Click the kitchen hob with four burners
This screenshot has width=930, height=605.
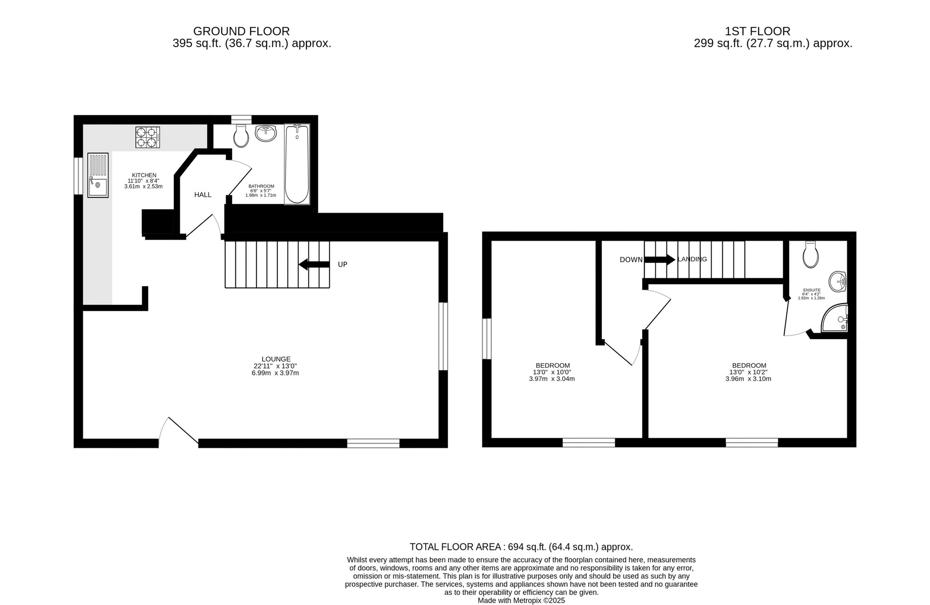click(x=148, y=137)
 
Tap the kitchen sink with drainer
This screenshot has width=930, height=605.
click(x=98, y=175)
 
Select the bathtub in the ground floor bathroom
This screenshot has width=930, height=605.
click(x=297, y=164)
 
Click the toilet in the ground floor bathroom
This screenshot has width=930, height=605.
click(x=241, y=135)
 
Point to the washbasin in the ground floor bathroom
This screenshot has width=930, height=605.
click(x=266, y=133)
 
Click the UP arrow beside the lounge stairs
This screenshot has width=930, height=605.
click(x=314, y=265)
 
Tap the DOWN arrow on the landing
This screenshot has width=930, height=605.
click(x=660, y=260)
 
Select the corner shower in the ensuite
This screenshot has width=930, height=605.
click(x=835, y=317)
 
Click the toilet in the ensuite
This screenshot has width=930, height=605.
click(x=811, y=255)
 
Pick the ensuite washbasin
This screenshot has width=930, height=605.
click(x=837, y=282)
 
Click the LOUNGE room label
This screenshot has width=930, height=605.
click(x=276, y=359)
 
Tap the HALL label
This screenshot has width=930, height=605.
click(x=203, y=195)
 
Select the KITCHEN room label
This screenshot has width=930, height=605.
click(x=144, y=175)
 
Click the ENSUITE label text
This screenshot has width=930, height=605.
click(x=811, y=290)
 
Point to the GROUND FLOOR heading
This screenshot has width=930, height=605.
click(x=242, y=31)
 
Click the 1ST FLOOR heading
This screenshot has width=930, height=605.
click(x=757, y=31)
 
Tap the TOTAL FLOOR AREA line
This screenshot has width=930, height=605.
click(x=521, y=547)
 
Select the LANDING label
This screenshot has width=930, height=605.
click(x=692, y=260)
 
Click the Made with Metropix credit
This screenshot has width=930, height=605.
click(x=521, y=600)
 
